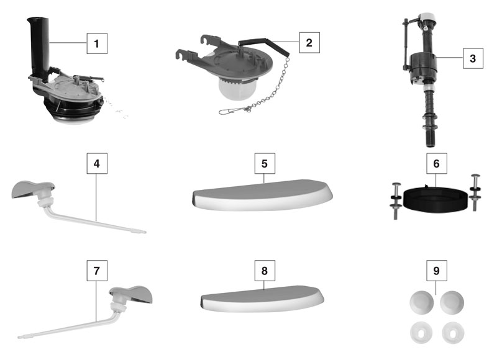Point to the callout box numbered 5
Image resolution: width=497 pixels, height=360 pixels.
click(265, 164)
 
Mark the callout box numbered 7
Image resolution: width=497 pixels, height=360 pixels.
click(96, 272)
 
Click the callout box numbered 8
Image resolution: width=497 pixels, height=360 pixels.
click(265, 272)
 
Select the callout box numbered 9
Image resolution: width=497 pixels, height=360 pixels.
click(435, 272)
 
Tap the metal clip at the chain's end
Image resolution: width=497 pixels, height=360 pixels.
click(229, 112)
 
